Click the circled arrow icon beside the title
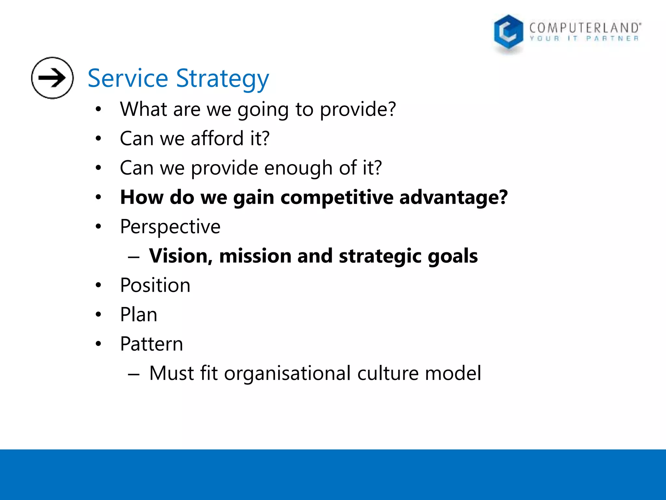[x=52, y=78]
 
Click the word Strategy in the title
[x=222, y=79]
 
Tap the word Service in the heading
[x=128, y=78]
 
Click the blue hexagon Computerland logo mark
[x=508, y=33]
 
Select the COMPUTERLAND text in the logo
[x=585, y=28]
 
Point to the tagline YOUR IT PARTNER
[x=584, y=39]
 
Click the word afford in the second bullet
[x=217, y=138]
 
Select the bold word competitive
[x=337, y=197]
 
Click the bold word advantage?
[x=453, y=197]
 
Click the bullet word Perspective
[x=170, y=227]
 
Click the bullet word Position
[x=155, y=285]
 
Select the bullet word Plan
[x=139, y=315]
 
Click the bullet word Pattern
[x=152, y=344]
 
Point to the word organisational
[x=287, y=374]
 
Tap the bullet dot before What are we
[x=99, y=109]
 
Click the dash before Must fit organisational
[x=134, y=374]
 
